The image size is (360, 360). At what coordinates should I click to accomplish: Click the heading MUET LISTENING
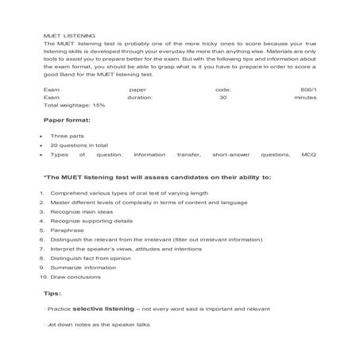click(x=69, y=36)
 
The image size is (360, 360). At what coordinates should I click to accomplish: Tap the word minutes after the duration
click(x=305, y=97)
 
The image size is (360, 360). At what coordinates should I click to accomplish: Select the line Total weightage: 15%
click(x=75, y=105)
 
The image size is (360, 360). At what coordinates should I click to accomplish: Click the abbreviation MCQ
click(x=308, y=155)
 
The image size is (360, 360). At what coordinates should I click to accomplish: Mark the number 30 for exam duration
click(x=223, y=97)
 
